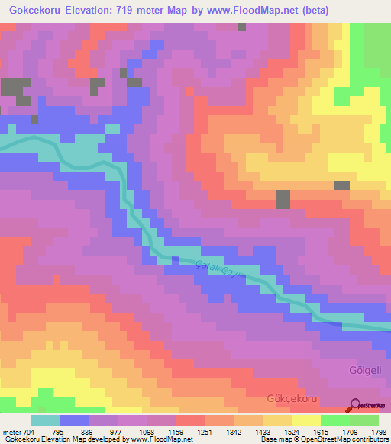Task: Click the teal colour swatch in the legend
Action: coord(45,420)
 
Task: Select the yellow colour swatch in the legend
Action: coord(306,420)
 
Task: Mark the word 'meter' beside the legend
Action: coord(11,431)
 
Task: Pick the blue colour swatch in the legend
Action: coord(74,420)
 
